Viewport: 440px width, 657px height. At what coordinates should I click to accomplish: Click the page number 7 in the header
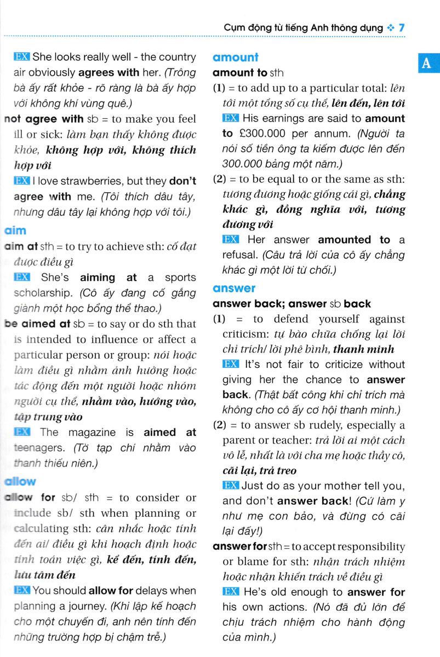pos(402,27)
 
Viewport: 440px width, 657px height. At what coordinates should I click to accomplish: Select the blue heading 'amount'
pos(235,57)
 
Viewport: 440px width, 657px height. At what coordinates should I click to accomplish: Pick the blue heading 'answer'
pos(234,288)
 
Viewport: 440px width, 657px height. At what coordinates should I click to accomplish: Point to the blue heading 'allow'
pos(19,482)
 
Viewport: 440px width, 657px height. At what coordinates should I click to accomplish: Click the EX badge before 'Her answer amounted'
pos(231,239)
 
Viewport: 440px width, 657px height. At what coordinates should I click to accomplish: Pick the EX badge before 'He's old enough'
pos(231,592)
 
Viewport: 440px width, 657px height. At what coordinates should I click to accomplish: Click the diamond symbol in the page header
pos(390,27)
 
